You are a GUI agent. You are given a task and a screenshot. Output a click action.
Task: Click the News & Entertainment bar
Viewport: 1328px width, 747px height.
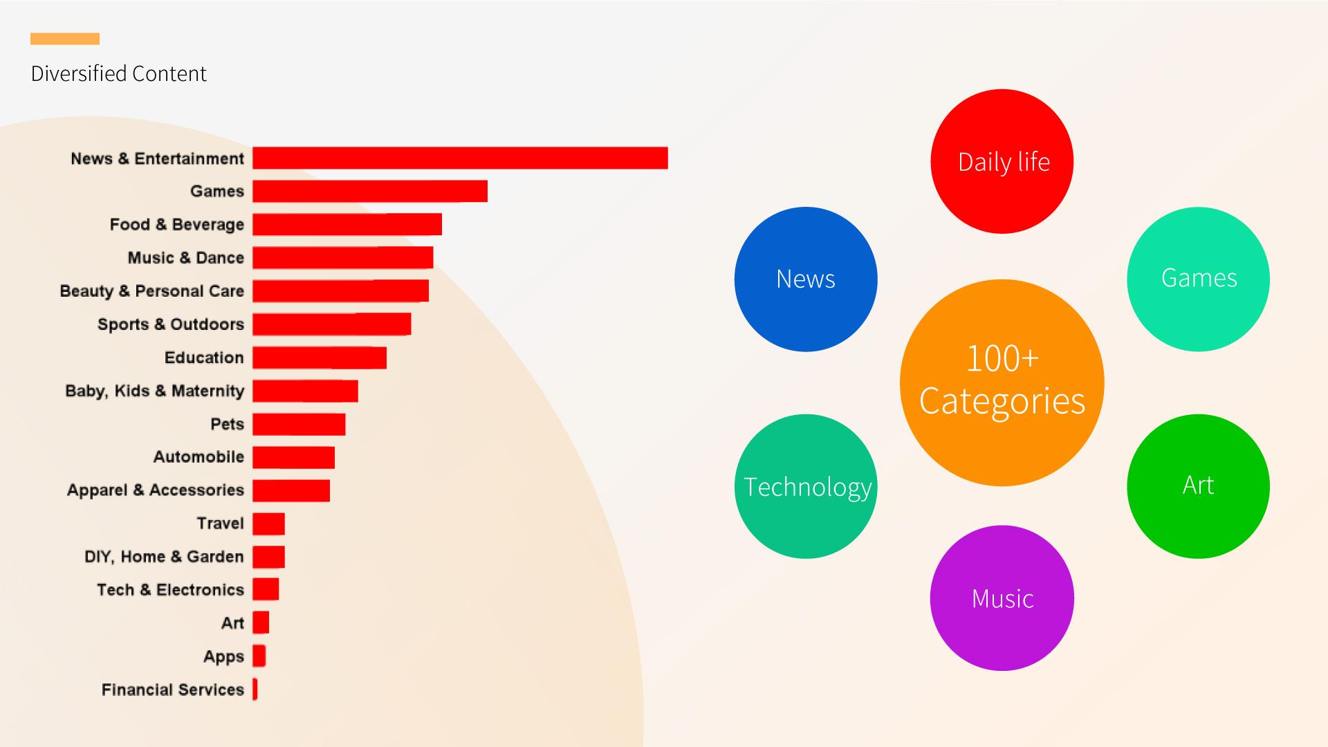460,158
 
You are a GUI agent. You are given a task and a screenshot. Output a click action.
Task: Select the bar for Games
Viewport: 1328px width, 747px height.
370,191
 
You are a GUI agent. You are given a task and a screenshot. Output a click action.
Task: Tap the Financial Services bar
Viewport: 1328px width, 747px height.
255,689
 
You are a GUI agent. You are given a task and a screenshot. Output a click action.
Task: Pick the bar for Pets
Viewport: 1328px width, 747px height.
299,424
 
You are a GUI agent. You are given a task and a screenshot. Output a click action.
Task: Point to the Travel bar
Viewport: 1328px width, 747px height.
268,524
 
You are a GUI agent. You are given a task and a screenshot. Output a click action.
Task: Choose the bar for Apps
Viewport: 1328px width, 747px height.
259,656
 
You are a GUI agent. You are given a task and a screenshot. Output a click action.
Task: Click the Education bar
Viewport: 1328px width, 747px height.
320,358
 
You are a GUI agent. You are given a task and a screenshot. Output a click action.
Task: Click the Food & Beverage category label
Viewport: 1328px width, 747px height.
177,225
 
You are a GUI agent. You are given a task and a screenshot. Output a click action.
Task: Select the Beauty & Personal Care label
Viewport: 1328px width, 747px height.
152,291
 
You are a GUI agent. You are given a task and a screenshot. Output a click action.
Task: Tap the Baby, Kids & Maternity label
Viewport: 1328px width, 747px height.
155,391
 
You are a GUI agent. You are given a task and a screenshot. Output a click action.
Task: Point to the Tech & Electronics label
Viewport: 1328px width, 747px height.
171,590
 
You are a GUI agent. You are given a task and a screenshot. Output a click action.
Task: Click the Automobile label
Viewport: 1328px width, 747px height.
199,457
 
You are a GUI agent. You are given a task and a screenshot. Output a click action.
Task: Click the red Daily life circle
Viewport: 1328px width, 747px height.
1002,161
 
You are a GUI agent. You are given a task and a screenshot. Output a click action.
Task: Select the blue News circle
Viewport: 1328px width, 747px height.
806,279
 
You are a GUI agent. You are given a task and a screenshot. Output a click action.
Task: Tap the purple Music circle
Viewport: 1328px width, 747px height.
1002,598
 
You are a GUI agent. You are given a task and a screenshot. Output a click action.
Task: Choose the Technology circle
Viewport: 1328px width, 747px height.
806,486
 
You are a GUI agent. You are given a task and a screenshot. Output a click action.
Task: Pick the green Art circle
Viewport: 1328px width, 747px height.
1198,486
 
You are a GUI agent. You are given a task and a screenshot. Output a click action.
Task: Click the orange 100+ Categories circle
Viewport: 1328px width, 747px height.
1002,382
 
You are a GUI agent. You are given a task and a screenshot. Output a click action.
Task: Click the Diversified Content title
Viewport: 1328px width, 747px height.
119,74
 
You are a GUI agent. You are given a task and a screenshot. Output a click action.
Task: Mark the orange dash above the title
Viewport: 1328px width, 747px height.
65,39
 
